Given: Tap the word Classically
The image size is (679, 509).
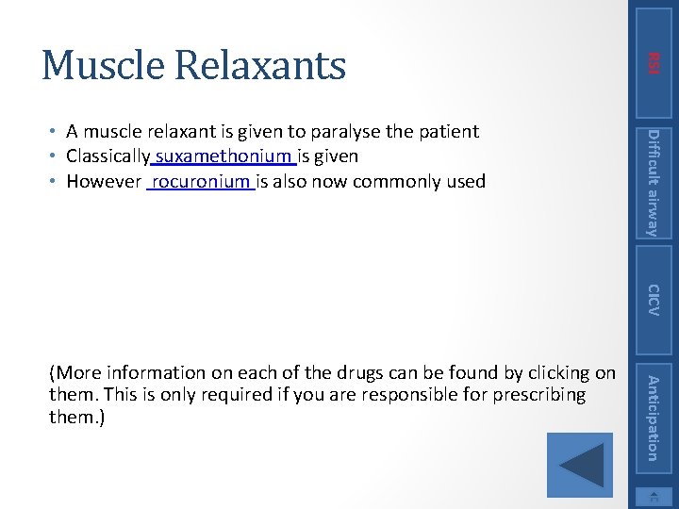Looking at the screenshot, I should [x=108, y=156].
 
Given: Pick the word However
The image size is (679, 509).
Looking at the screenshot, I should [x=104, y=181].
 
